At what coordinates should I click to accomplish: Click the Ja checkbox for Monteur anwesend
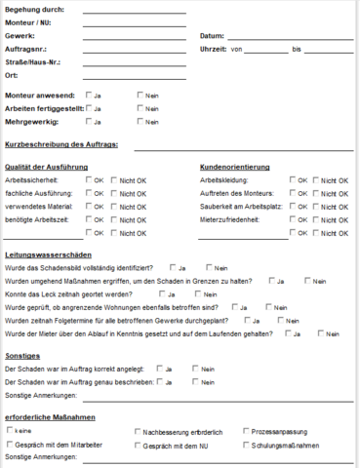89,95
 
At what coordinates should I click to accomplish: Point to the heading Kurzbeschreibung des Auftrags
61,144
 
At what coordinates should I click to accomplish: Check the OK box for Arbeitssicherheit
89,180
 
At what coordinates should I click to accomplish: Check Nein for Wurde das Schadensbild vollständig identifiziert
210,266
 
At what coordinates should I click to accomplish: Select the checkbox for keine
9,431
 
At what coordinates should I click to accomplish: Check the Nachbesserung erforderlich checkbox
136,431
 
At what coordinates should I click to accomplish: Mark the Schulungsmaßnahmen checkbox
245,445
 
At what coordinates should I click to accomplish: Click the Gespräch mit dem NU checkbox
136,445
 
